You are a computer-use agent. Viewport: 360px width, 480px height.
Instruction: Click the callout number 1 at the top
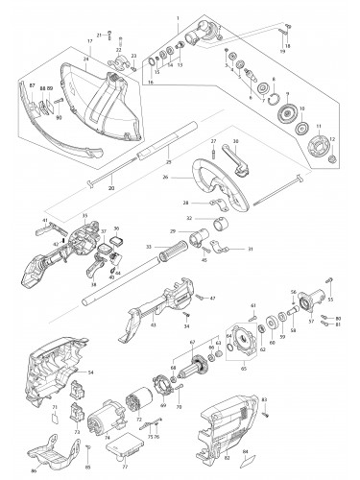click(177, 18)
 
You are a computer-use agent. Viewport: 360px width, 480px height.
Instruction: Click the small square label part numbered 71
click(54, 415)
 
